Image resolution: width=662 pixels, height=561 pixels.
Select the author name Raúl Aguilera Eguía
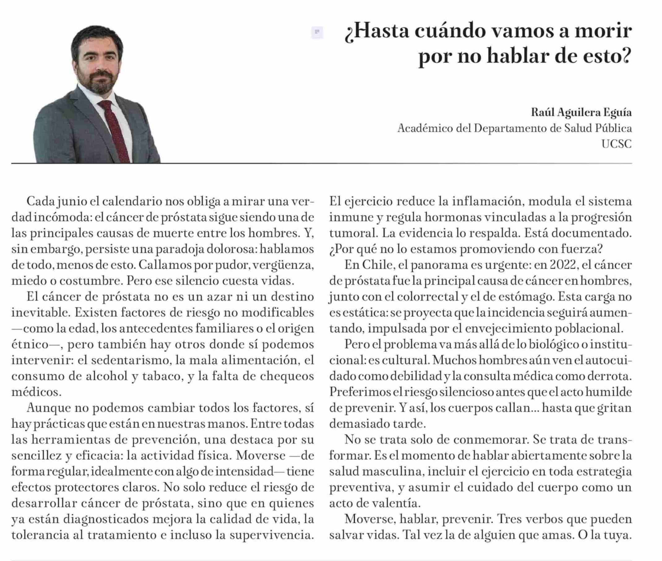(x=581, y=113)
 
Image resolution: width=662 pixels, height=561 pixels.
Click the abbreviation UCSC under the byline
(x=616, y=144)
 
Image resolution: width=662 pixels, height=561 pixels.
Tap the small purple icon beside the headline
(x=317, y=32)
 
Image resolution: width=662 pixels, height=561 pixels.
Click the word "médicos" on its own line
(x=36, y=392)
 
